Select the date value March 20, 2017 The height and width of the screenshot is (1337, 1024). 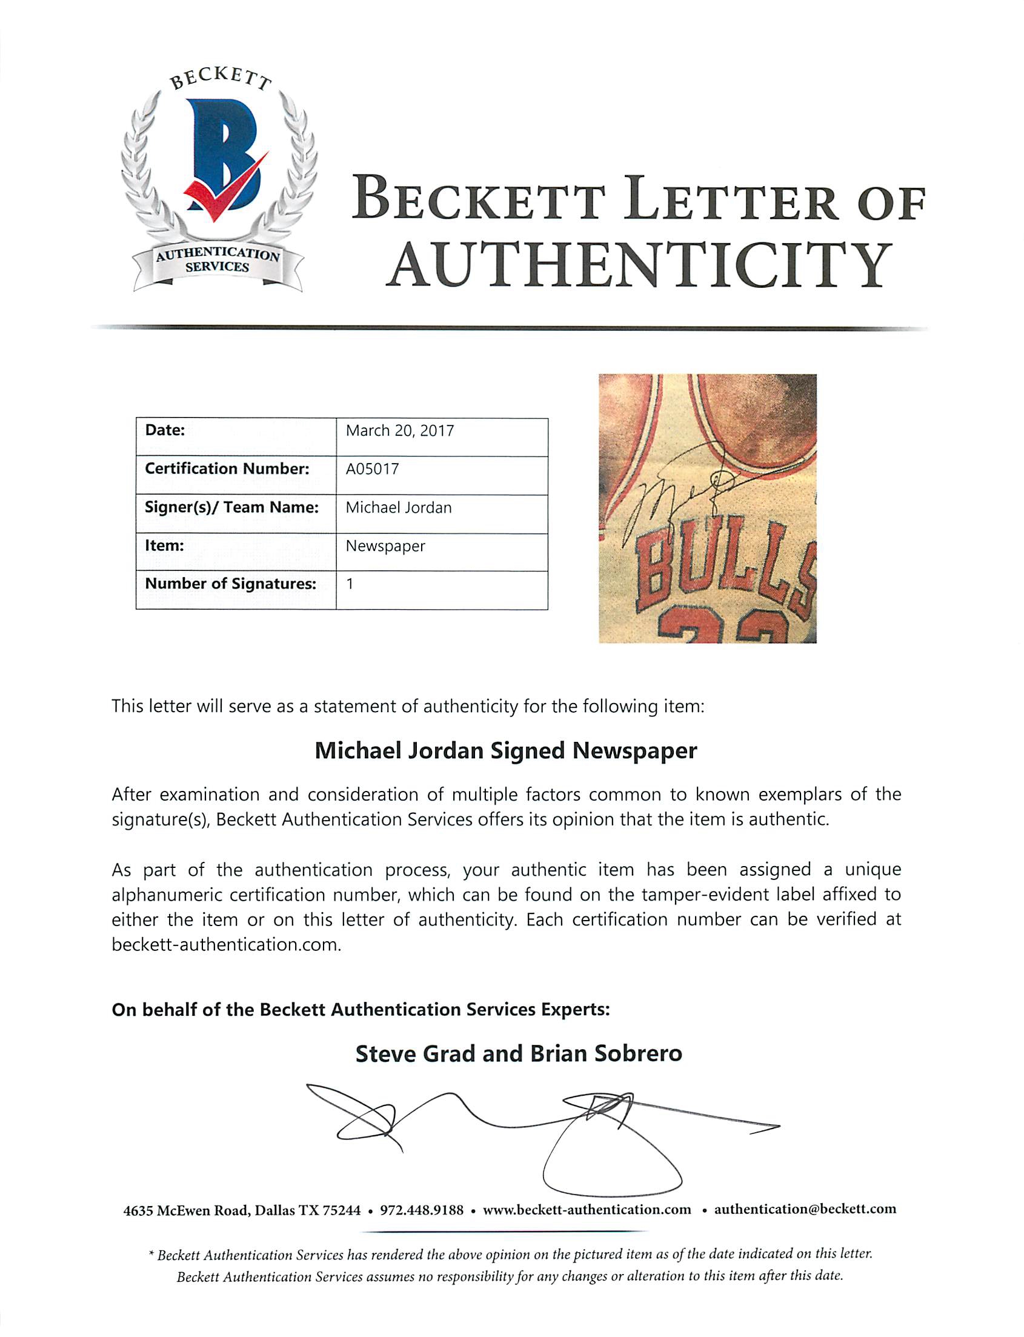tap(400, 431)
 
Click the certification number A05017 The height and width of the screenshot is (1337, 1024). tap(373, 469)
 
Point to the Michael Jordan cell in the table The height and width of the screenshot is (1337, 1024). tap(399, 508)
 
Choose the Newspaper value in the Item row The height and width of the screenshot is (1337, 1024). tap(385, 546)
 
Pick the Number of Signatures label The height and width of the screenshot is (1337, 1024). tap(230, 584)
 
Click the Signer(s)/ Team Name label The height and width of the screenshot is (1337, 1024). tap(231, 507)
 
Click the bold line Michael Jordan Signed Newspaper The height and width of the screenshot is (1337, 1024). tap(506, 750)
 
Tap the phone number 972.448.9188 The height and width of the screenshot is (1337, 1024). tap(422, 1210)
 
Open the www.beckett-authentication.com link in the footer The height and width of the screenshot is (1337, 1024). tap(587, 1210)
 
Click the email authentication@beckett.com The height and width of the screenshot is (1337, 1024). tap(805, 1209)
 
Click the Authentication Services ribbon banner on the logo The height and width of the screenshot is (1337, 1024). tap(218, 261)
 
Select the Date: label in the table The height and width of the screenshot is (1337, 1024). tap(165, 430)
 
